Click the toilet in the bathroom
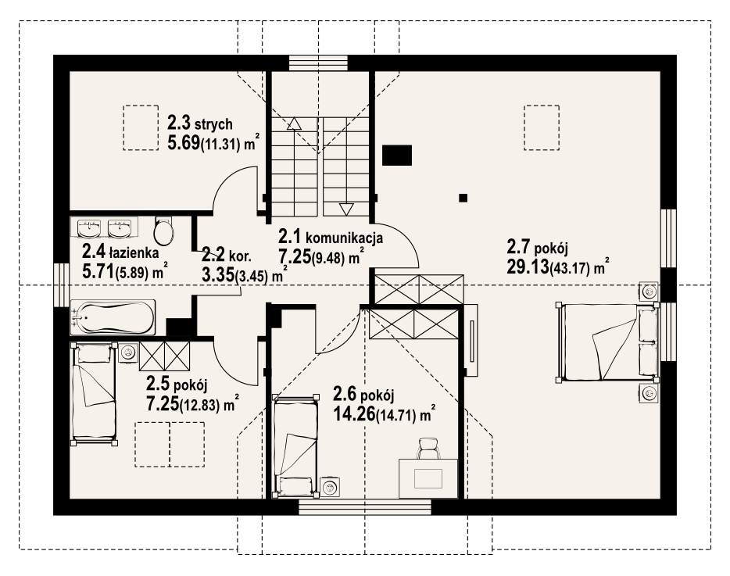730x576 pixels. [x=163, y=230]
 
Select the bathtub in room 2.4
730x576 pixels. [x=113, y=317]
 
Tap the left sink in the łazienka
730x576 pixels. [x=89, y=228]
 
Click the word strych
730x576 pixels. [x=213, y=124]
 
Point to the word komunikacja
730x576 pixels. [x=344, y=238]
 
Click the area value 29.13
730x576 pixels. [x=528, y=267]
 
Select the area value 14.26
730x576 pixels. [x=354, y=413]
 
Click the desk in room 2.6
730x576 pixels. [x=428, y=478]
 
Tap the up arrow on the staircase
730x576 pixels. [x=294, y=123]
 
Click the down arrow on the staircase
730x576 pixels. [x=347, y=209]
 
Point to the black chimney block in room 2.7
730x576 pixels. [x=397, y=156]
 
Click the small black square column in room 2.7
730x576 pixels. [x=463, y=198]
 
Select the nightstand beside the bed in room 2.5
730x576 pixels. [x=127, y=352]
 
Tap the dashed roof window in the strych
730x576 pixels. [x=141, y=127]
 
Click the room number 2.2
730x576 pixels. [x=213, y=256]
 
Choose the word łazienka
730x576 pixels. [x=134, y=253]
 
